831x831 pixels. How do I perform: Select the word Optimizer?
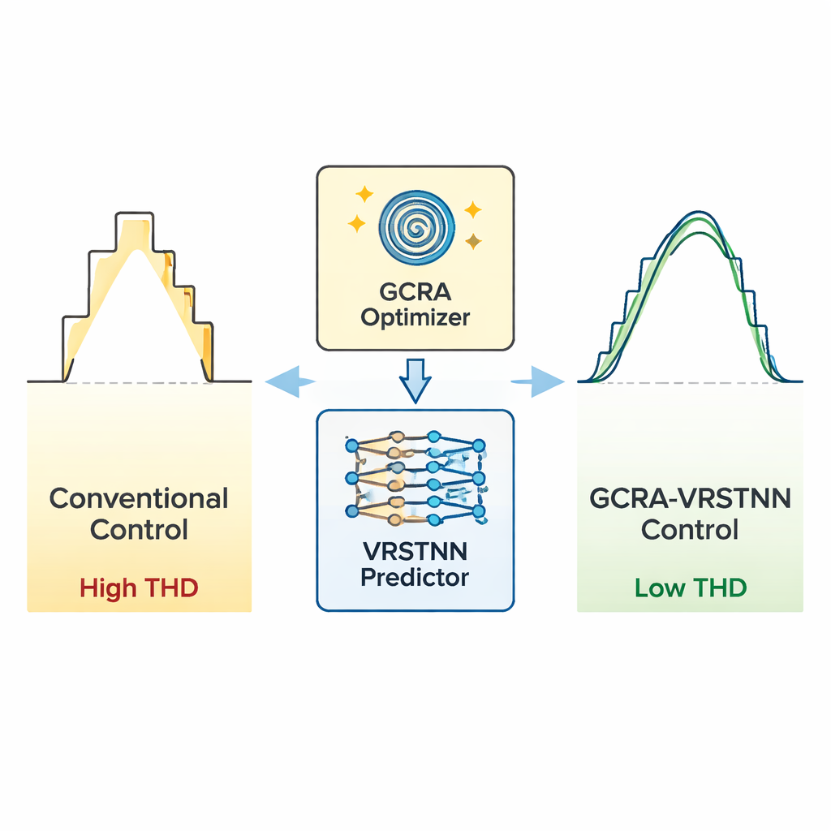pyautogui.click(x=415, y=317)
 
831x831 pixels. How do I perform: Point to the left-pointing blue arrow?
pyautogui.click(x=289, y=380)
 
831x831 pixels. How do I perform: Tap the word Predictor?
pyautogui.click(x=415, y=578)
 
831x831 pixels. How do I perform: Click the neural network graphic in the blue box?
pyautogui.click(x=415, y=479)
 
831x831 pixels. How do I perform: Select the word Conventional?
pyautogui.click(x=139, y=497)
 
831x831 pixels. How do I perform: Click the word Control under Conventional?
pyautogui.click(x=139, y=529)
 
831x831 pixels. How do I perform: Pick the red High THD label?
pyautogui.click(x=139, y=588)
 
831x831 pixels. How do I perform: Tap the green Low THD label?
pyautogui.click(x=690, y=588)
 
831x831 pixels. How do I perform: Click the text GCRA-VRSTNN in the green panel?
pyautogui.click(x=690, y=497)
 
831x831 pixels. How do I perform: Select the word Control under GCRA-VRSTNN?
pyautogui.click(x=690, y=529)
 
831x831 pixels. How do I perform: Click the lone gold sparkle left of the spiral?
pyautogui.click(x=364, y=195)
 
